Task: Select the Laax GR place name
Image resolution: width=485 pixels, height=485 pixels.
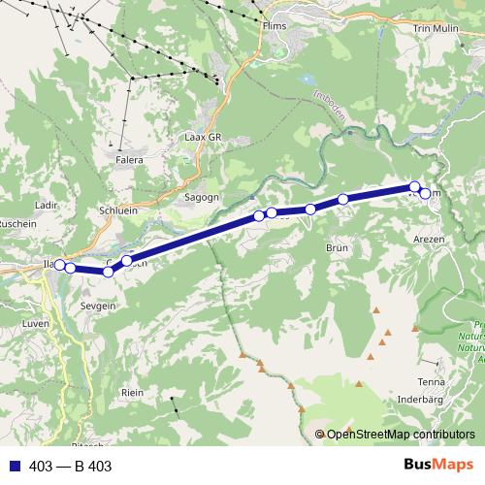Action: tap(204, 138)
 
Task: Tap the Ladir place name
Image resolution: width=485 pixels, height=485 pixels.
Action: tap(46, 206)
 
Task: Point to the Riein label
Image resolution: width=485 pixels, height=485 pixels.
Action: tap(132, 392)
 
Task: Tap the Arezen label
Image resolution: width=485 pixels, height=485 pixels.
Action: tap(428, 238)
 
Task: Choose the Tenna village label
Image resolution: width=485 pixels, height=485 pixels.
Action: tap(432, 381)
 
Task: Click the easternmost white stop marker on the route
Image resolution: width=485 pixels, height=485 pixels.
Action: tap(425, 195)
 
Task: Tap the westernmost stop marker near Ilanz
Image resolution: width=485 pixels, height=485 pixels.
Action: tap(59, 265)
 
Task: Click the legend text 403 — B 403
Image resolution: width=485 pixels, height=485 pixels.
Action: tap(70, 467)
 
